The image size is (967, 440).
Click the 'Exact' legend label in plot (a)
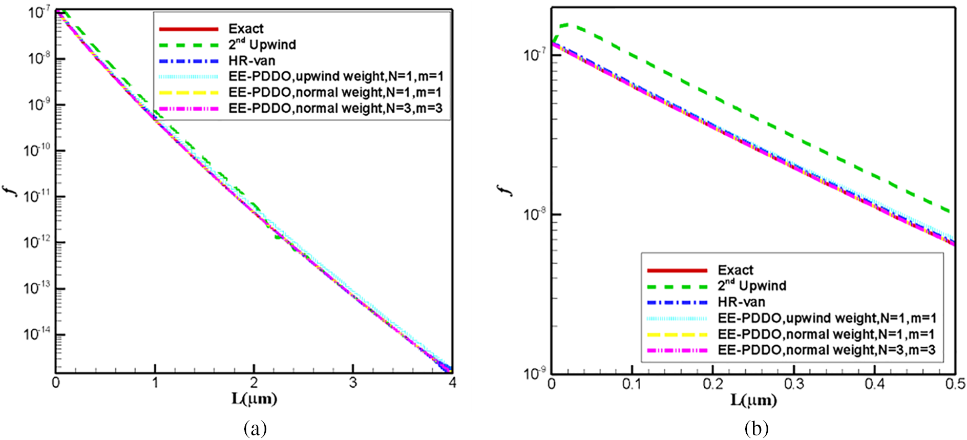[x=246, y=29]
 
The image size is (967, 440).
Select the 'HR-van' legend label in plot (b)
[x=741, y=302]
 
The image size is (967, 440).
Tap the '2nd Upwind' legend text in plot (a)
[x=262, y=45]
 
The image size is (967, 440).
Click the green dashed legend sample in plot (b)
[x=677, y=286]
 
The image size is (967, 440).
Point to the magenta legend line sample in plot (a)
[x=188, y=109]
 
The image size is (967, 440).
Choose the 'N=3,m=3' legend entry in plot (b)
[x=827, y=350]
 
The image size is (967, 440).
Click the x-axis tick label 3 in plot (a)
[x=353, y=383]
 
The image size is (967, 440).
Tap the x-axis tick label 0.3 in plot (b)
[x=793, y=385]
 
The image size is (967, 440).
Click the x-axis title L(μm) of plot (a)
[x=254, y=399]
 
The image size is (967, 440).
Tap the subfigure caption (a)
[x=255, y=428]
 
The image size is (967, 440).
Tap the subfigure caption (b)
[x=756, y=428]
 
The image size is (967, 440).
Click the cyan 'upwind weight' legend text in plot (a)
[x=335, y=76]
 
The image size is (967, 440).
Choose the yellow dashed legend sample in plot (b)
[x=677, y=334]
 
